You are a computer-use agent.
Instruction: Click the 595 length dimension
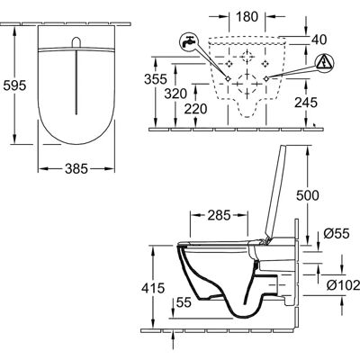tap(14, 85)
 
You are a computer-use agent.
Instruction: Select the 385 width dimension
tap(76, 168)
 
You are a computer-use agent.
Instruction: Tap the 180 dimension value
tap(247, 17)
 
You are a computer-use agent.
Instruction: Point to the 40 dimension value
tap(319, 40)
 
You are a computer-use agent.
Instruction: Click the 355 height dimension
tap(156, 79)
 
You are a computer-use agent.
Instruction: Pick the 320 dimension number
tap(175, 94)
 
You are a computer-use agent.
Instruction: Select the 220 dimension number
tap(195, 109)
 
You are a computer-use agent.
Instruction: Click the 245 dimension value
tap(306, 103)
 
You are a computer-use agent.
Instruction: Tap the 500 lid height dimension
tap(308, 195)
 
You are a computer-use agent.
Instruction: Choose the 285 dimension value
tap(219, 215)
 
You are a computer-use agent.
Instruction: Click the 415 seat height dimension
tap(153, 288)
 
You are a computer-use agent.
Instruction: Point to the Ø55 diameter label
tap(337, 233)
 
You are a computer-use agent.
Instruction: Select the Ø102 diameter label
tap(343, 285)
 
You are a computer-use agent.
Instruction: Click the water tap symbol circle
tap(189, 42)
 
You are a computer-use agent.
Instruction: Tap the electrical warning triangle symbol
tap(324, 64)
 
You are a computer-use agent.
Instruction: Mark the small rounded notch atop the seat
tap(76, 42)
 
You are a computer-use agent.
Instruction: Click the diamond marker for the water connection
tap(228, 78)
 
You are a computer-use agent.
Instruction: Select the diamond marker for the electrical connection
tap(265, 78)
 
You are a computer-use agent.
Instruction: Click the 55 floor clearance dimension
tap(184, 302)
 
